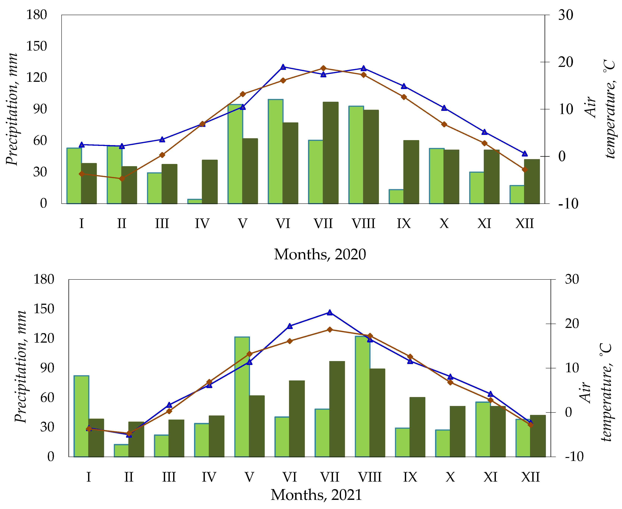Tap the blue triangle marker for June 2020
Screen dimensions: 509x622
point(283,67)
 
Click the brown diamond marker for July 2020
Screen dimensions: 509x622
point(323,69)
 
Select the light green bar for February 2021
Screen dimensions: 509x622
point(121,451)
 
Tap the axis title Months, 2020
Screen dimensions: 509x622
point(320,254)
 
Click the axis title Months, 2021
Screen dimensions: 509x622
point(316,495)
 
